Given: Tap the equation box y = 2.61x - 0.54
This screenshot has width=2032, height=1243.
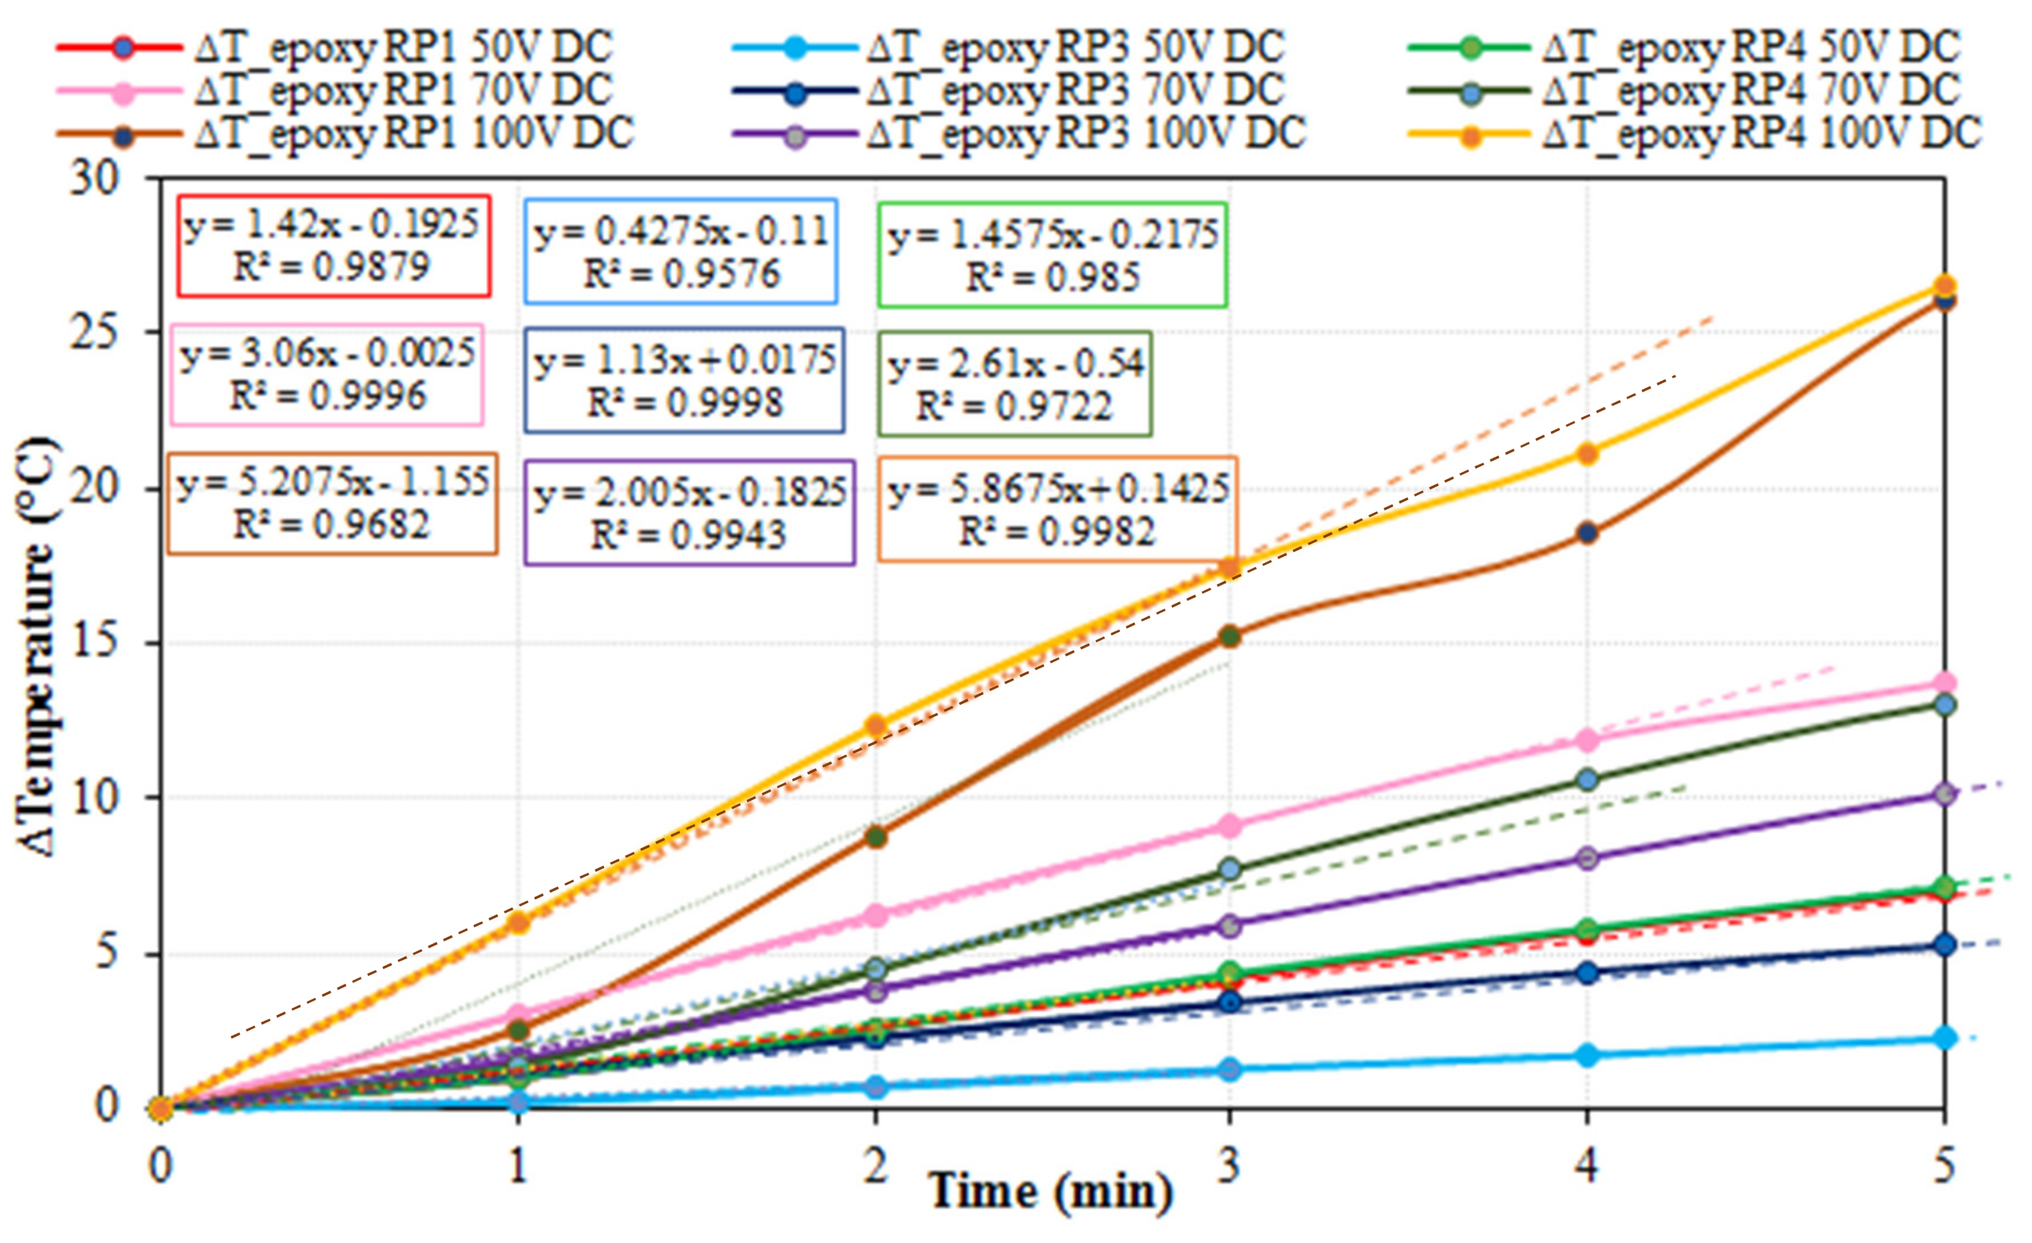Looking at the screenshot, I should tap(1015, 383).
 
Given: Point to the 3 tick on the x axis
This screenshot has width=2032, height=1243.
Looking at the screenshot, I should tap(1229, 1166).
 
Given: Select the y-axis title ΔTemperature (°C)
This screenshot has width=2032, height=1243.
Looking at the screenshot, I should tap(37, 647).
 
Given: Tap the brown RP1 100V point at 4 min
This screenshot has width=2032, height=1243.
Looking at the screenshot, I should tap(1588, 533).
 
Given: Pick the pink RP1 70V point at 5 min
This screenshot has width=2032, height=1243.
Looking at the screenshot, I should tap(1944, 682).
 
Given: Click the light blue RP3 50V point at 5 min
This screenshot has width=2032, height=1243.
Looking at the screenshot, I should tap(1944, 1037).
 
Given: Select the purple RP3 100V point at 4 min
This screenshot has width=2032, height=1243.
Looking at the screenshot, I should tap(1588, 858).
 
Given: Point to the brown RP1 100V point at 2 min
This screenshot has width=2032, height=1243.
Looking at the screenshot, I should tap(876, 836).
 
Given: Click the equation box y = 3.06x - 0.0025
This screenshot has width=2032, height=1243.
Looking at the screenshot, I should tap(327, 374).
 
